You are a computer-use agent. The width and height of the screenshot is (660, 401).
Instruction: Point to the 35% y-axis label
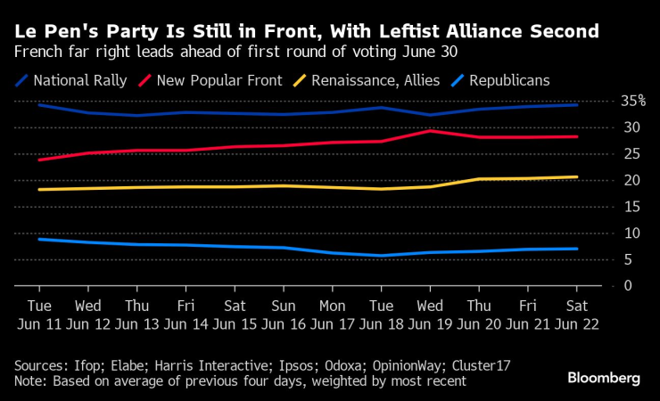click(x=632, y=102)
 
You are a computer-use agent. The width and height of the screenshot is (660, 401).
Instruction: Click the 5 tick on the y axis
click(x=628, y=259)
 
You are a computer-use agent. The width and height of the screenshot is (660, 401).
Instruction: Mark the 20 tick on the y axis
click(x=631, y=180)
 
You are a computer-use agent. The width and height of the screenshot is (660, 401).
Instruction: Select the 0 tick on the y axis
click(x=628, y=286)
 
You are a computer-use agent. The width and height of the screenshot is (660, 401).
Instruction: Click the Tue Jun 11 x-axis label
click(x=39, y=314)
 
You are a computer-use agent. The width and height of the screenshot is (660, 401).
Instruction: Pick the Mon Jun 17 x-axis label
click(x=333, y=314)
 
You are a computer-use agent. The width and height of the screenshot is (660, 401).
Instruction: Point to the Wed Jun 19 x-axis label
click(x=431, y=314)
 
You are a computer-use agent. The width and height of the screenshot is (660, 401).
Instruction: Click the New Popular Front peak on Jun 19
click(x=431, y=131)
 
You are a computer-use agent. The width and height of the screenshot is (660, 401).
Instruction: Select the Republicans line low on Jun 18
click(x=382, y=256)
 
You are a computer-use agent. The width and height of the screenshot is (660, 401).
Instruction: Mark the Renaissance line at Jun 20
click(x=480, y=179)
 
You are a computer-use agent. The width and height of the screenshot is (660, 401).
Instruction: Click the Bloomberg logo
click(x=605, y=379)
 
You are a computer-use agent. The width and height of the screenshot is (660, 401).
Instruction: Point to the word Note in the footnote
click(x=29, y=381)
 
